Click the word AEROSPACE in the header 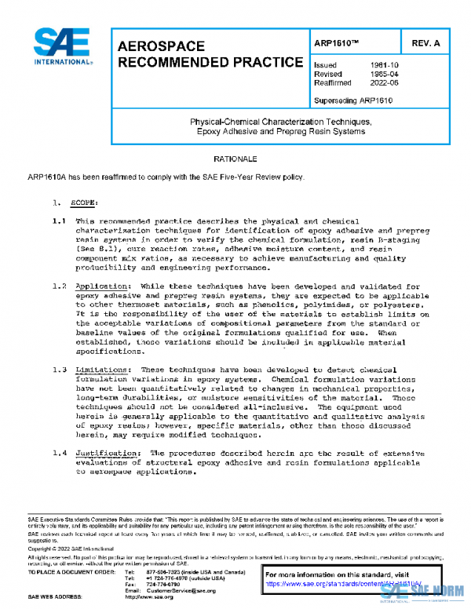(161, 47)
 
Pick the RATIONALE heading (235, 159)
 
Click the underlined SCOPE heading (85, 202)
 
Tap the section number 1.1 (58, 223)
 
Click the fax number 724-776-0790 (163, 584)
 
